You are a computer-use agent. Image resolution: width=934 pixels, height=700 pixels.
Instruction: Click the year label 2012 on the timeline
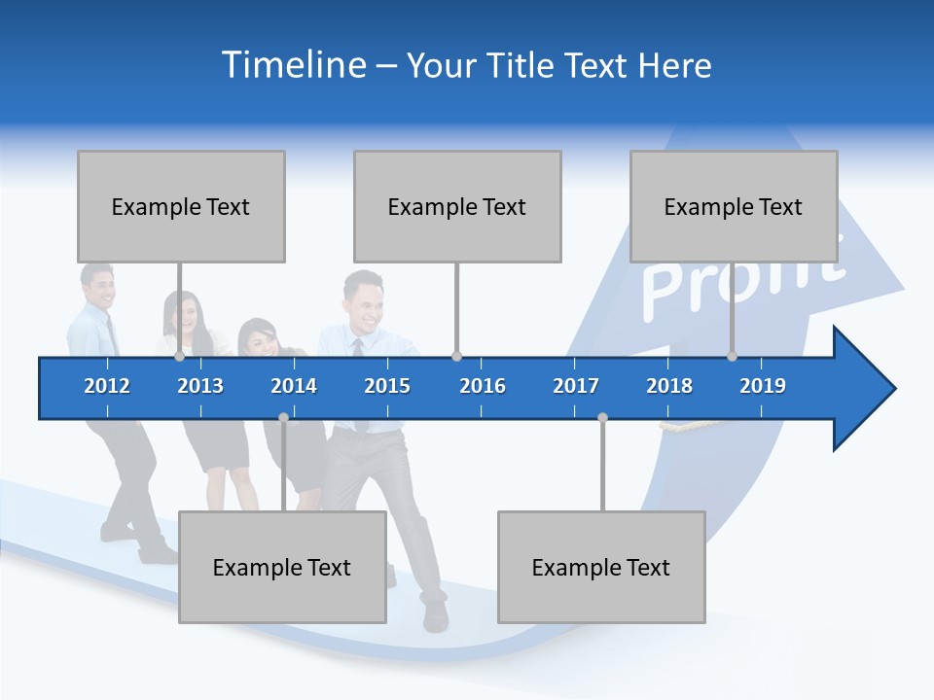pos(107,386)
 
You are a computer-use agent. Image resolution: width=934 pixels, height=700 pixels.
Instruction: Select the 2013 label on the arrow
pos(200,386)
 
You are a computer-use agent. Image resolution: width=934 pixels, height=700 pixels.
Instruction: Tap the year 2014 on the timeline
pos(294,386)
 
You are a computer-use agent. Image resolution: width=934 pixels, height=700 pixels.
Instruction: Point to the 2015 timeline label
pos(387,386)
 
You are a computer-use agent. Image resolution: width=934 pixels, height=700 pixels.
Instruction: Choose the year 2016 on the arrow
pos(483,386)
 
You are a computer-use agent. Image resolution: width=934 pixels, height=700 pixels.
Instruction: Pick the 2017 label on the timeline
pos(576,386)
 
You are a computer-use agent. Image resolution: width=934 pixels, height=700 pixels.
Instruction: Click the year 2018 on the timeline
pos(669,386)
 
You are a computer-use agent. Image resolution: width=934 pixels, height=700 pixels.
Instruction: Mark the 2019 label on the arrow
pos(763,386)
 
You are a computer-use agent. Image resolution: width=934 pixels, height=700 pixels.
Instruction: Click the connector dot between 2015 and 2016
pos(457,357)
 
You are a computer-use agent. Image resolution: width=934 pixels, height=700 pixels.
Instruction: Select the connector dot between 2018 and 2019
pos(733,357)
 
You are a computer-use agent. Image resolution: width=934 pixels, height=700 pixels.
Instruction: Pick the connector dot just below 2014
pos(283,418)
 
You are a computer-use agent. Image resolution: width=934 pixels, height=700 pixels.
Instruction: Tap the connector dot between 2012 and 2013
pos(180,357)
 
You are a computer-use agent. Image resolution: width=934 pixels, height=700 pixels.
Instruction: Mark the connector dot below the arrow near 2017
pos(602,418)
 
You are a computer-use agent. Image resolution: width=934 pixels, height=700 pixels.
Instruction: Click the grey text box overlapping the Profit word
pos(734,206)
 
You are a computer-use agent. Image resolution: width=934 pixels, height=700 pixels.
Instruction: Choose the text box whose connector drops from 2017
pos(601,567)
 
